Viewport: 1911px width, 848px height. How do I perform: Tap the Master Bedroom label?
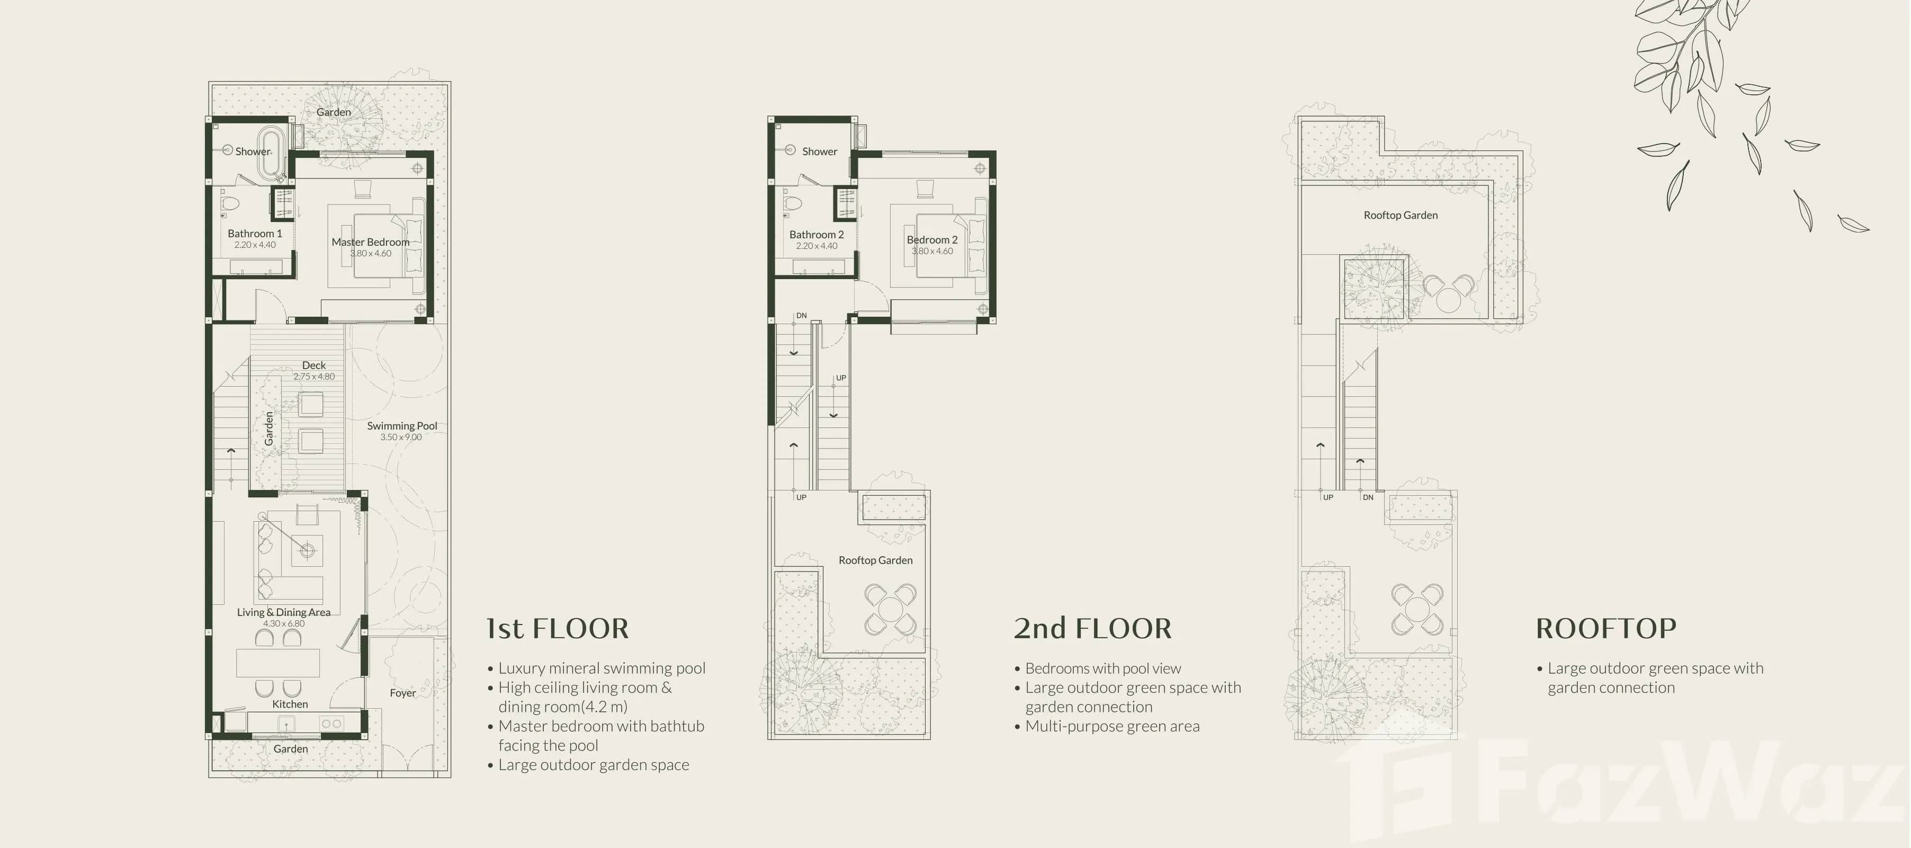[370, 242]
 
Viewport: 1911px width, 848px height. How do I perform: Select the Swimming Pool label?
[402, 426]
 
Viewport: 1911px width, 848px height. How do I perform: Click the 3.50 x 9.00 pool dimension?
[401, 437]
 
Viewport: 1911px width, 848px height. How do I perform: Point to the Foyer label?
[403, 693]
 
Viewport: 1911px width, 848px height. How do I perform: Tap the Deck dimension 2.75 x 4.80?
[314, 376]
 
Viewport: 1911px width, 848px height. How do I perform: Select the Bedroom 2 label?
[932, 239]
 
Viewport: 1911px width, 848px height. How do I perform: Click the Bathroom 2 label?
[816, 235]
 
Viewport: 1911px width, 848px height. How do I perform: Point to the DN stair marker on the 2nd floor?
[801, 315]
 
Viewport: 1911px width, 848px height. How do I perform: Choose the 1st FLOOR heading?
[557, 628]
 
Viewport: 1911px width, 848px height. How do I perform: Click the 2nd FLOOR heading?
[1092, 628]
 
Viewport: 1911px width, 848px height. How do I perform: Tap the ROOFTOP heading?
[1605, 628]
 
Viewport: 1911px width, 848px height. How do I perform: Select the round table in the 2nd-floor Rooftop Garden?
[890, 610]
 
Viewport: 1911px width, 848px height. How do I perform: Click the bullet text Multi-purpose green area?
[1111, 726]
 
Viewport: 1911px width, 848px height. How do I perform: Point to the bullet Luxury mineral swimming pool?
[601, 668]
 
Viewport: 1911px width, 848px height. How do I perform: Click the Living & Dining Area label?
[283, 612]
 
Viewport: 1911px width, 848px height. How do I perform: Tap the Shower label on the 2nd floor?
[819, 151]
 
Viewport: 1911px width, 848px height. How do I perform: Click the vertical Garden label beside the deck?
[268, 429]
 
